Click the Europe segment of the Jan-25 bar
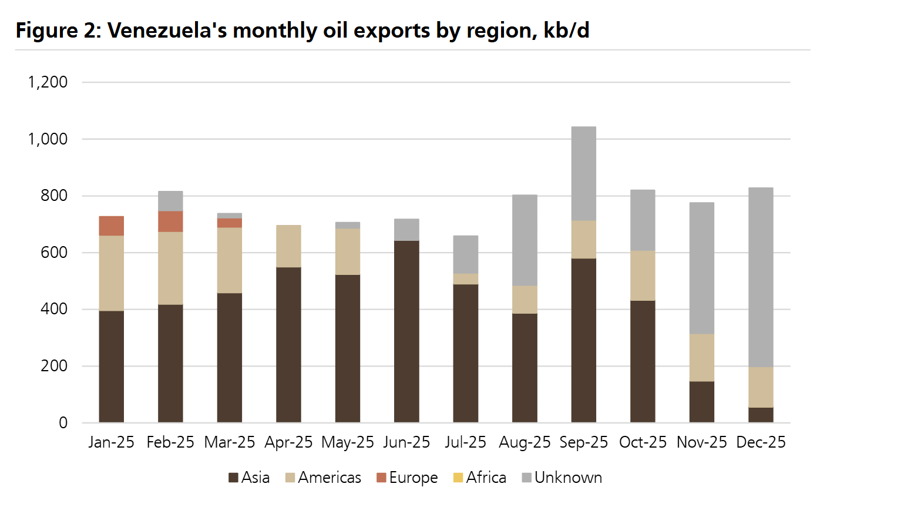(112, 226)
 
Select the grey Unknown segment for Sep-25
(584, 174)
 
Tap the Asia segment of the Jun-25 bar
(406, 331)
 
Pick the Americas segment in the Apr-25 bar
(288, 246)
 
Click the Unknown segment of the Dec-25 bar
(761, 277)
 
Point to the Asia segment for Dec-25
(761, 415)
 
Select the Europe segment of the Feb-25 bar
(170, 221)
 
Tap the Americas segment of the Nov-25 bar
(702, 358)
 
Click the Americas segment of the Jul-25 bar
(466, 279)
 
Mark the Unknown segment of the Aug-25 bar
(525, 240)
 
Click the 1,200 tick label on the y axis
(48, 82)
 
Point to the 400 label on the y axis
(54, 309)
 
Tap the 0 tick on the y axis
(63, 423)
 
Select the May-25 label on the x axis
(348, 442)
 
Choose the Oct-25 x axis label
(643, 442)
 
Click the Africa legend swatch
(458, 478)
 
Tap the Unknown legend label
(568, 478)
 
